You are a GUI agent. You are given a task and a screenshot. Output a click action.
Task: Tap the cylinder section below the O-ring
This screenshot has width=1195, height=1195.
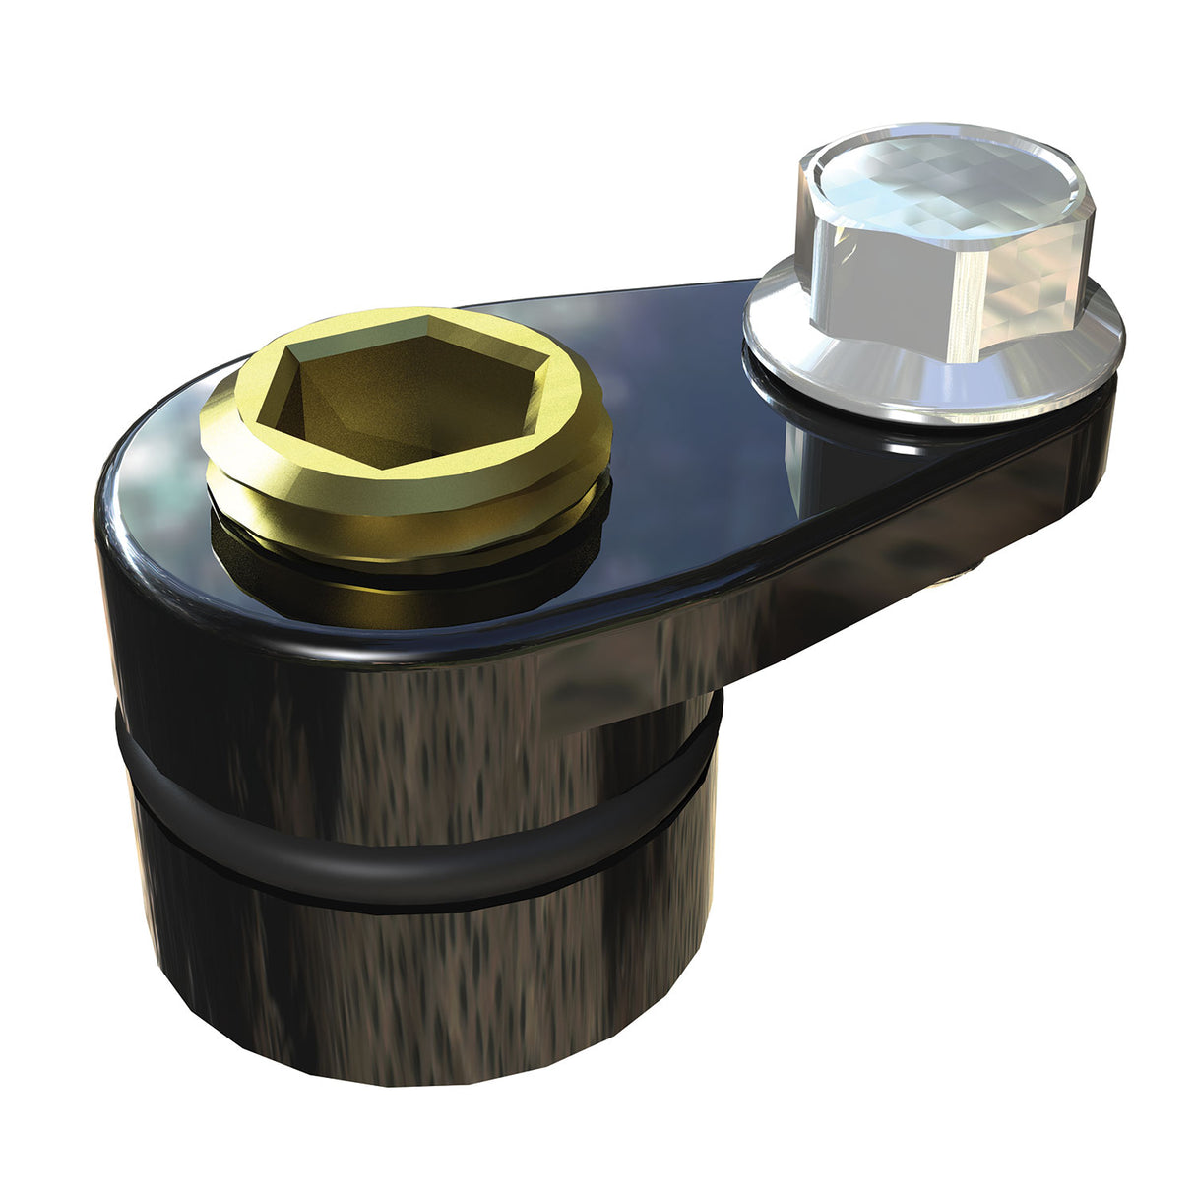423,984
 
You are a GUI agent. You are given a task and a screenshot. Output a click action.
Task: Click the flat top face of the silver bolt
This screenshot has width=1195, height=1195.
945,182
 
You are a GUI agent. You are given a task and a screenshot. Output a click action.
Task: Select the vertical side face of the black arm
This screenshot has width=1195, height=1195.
787,610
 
